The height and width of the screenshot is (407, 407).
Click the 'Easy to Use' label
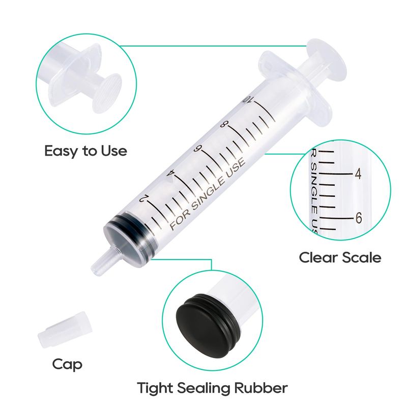point(85,151)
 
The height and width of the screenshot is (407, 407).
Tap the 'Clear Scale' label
point(340,258)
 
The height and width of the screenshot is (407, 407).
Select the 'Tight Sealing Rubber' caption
point(212,388)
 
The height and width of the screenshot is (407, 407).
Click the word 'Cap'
point(67,365)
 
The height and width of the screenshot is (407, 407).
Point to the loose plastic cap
point(65,330)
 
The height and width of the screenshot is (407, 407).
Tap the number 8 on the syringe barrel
point(223,124)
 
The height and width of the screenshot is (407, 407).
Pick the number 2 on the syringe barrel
point(143,199)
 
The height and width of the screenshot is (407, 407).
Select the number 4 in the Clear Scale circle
point(358,174)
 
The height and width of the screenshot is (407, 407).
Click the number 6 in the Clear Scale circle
point(359,218)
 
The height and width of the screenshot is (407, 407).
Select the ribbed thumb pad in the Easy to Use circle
point(107,93)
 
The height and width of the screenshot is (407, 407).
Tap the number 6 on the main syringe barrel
point(198,149)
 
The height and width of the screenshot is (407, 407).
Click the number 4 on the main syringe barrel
point(171,173)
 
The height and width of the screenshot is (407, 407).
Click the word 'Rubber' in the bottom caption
point(261,388)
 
